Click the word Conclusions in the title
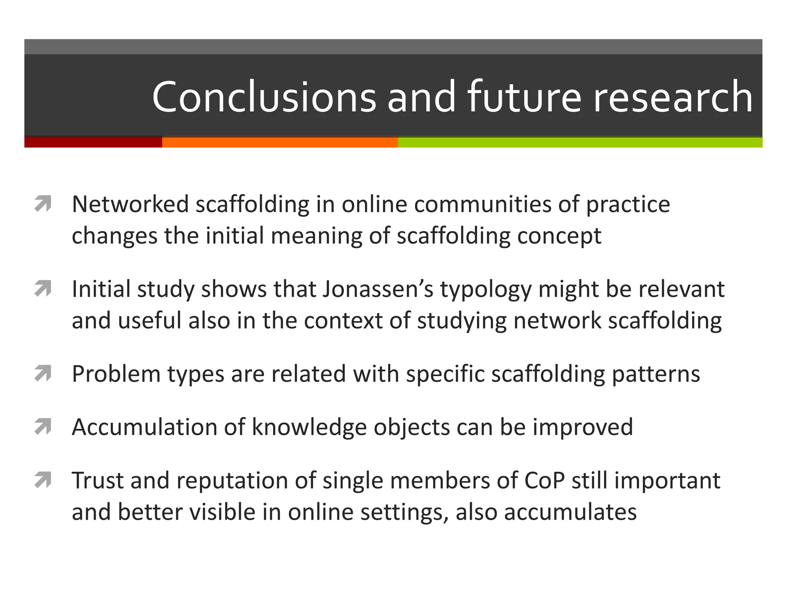pyautogui.click(x=264, y=97)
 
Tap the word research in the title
pyautogui.click(x=672, y=97)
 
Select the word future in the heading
pyautogui.click(x=524, y=97)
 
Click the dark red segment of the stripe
pyautogui.click(x=93, y=142)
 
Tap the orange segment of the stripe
pyautogui.click(x=280, y=142)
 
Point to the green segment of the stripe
pyautogui.click(x=580, y=142)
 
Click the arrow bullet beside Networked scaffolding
pyautogui.click(x=43, y=204)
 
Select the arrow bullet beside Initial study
pyautogui.click(x=43, y=289)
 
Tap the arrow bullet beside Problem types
pyautogui.click(x=43, y=374)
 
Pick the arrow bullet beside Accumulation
pyautogui.click(x=43, y=427)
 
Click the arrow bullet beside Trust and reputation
pyautogui.click(x=43, y=480)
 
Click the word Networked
pyautogui.click(x=130, y=204)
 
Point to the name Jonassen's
pyautogui.click(x=378, y=289)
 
